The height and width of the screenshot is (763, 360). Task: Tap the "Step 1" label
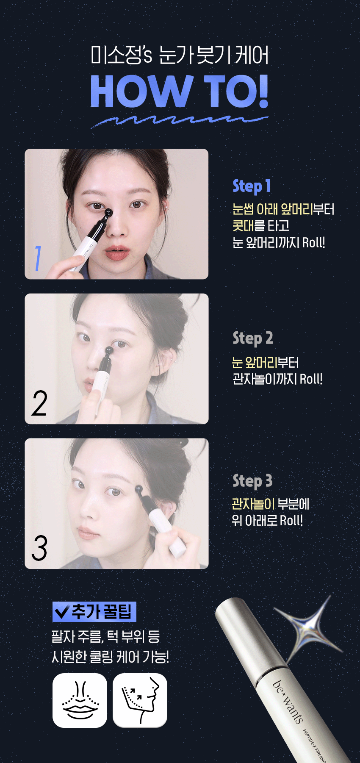click(252, 186)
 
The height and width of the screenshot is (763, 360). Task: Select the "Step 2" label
click(252, 338)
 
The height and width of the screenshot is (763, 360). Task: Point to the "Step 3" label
click(252, 481)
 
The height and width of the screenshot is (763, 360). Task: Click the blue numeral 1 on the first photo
click(38, 258)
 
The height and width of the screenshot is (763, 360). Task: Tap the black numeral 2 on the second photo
click(39, 403)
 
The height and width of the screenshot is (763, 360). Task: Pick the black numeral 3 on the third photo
click(39, 548)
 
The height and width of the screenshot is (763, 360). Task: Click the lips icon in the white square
click(80, 700)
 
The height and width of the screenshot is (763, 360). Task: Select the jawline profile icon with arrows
click(140, 700)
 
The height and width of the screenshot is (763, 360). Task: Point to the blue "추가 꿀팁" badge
click(94, 612)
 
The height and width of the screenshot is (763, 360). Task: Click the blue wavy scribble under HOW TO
click(179, 120)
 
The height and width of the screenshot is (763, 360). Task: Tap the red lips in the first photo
click(117, 252)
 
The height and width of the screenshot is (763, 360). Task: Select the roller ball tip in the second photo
click(109, 351)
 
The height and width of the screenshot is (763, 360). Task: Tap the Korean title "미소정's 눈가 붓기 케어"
click(180, 55)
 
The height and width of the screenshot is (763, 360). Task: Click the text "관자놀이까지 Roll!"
click(277, 379)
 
